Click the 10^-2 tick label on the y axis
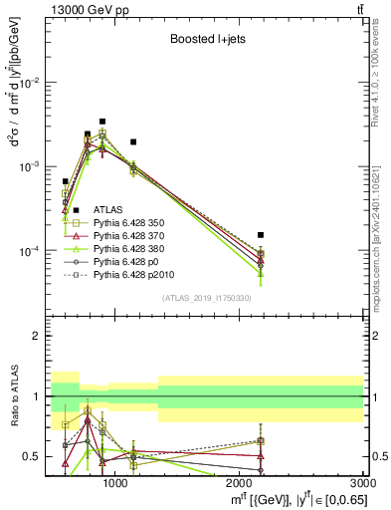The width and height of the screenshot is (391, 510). [x=31, y=83]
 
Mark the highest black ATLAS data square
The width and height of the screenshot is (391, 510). [x=102, y=122]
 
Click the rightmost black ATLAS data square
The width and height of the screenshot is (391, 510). [x=260, y=235]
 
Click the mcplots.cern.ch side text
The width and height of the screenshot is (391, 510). [x=382, y=239]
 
